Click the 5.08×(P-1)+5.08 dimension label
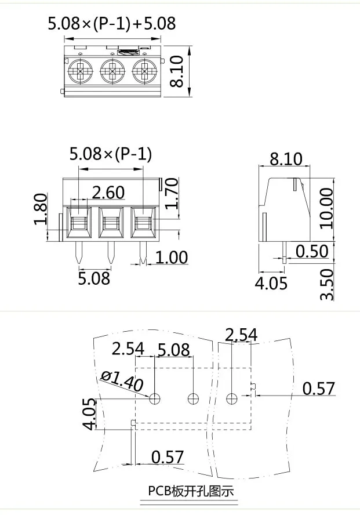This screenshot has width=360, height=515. pyautogui.click(x=111, y=23)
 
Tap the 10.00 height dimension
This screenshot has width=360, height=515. pyautogui.click(x=326, y=208)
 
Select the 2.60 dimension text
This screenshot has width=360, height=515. pyautogui.click(x=108, y=192)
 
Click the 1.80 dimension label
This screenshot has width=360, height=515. pyautogui.click(x=40, y=210)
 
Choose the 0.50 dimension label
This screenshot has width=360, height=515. pyautogui.click(x=312, y=251)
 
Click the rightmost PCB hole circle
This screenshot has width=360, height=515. pyautogui.click(x=232, y=398)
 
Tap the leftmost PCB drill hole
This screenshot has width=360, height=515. pyautogui.click(x=155, y=398)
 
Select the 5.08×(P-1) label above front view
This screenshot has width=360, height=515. pyautogui.click(x=111, y=154)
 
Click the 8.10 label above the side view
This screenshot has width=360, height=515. pyautogui.click(x=286, y=158)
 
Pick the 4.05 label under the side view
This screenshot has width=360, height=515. pyautogui.click(x=271, y=284)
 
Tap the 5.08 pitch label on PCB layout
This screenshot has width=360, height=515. pyautogui.click(x=173, y=350)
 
